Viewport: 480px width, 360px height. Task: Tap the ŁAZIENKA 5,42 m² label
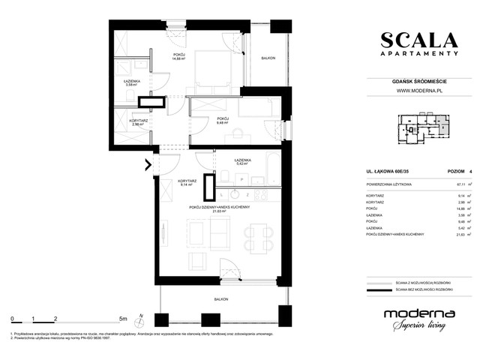[241, 163]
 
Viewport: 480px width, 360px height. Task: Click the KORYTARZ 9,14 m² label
[187, 184]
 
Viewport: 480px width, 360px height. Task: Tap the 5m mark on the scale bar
[122, 319]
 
